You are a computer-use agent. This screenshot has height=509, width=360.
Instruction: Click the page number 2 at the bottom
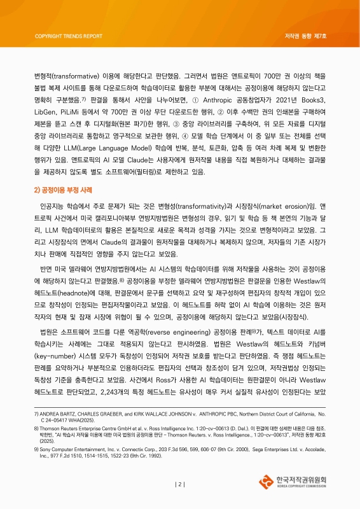(x=180, y=484)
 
